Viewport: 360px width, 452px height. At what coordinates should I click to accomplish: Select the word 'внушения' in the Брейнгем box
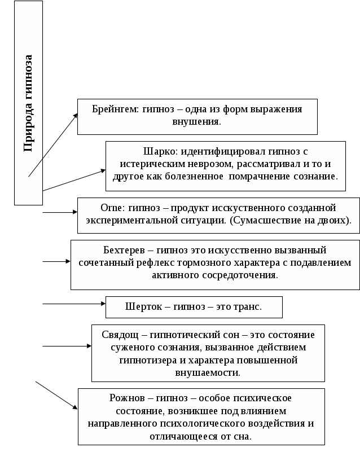coord(197,121)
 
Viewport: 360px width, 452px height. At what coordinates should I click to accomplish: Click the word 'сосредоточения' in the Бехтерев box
coord(243,275)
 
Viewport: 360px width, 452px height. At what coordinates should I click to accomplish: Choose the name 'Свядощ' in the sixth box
coord(120,335)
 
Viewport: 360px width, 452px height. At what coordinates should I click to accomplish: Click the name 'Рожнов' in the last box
coord(125,398)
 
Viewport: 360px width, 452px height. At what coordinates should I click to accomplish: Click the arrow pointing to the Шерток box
coord(73,304)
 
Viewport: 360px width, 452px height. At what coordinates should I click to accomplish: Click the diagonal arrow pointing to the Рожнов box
coord(56,394)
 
